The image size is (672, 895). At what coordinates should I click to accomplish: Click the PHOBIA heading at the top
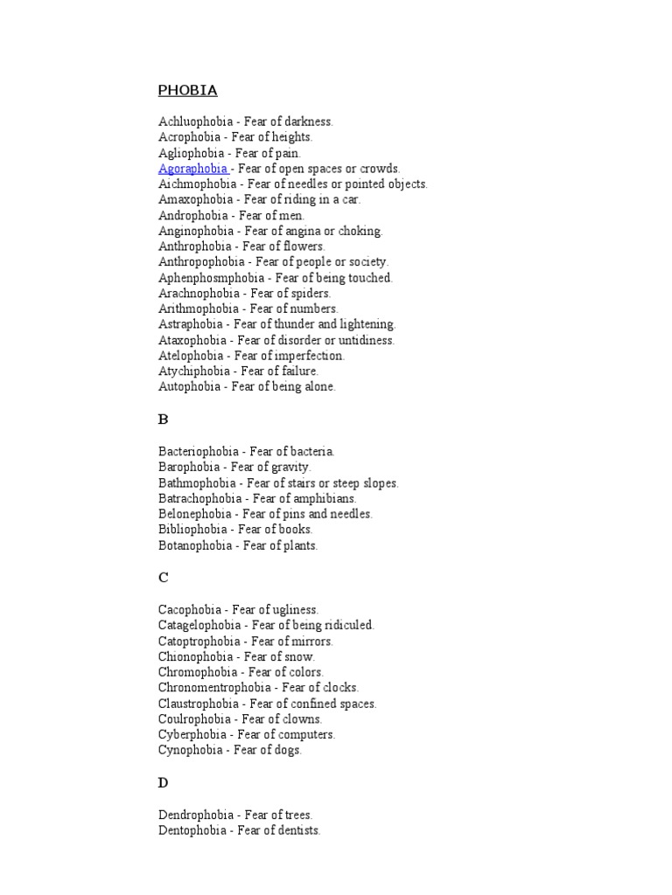(x=187, y=90)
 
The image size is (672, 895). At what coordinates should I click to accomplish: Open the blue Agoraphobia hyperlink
(x=193, y=169)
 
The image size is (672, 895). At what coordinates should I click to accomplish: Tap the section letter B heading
(x=163, y=420)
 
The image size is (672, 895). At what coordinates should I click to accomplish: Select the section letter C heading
(x=164, y=578)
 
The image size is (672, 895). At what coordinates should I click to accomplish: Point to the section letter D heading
(x=164, y=783)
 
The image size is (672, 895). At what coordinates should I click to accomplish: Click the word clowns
(x=303, y=719)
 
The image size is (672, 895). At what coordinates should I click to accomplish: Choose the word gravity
(x=290, y=467)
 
